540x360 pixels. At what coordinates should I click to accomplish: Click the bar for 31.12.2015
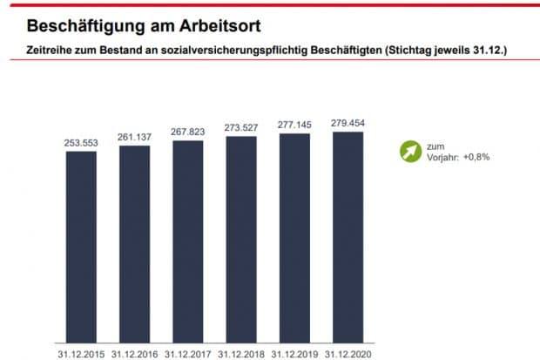[x=81, y=248]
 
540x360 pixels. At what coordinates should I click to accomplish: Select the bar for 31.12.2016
[x=134, y=245]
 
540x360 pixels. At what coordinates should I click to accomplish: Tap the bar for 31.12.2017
[x=187, y=242]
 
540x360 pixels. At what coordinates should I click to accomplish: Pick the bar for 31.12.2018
[x=241, y=241]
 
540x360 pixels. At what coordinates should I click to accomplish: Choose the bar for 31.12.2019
[x=294, y=239]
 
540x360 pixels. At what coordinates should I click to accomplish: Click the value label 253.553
[x=81, y=141]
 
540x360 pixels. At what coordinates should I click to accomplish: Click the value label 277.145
[x=294, y=124]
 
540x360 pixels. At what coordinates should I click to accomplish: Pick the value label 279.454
[x=348, y=122]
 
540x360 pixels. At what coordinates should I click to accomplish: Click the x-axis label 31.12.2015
[x=81, y=354]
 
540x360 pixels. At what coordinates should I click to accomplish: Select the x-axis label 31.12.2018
[x=241, y=354]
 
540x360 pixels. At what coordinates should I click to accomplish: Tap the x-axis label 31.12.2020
[x=348, y=354]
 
